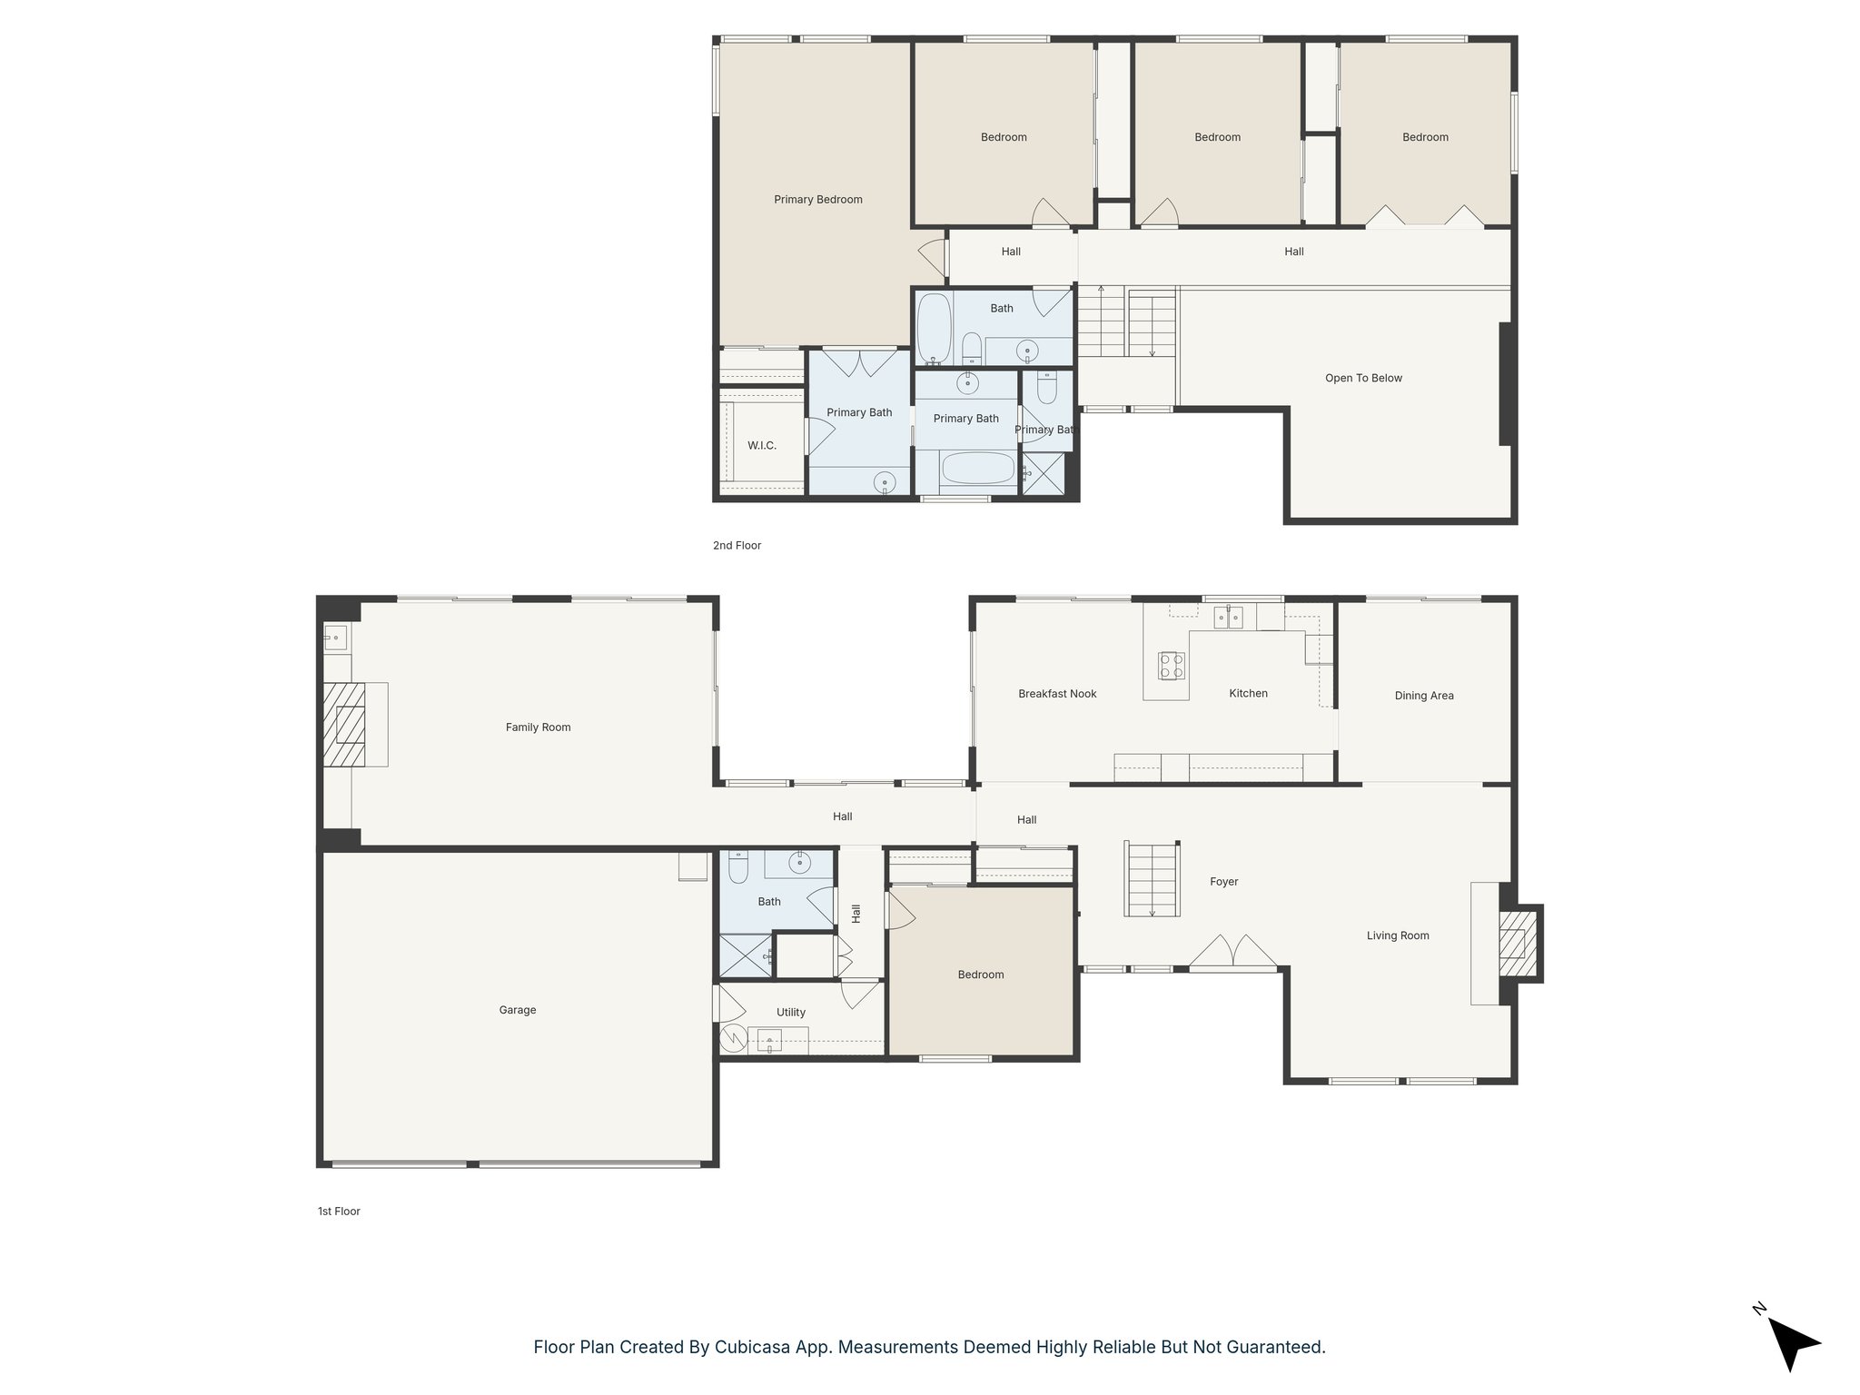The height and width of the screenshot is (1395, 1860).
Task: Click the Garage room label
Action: pos(517,1010)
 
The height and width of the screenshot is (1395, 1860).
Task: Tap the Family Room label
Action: pos(538,727)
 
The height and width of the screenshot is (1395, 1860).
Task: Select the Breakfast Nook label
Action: pos(1057,694)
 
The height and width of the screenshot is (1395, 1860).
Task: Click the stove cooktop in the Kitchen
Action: pos(1172,666)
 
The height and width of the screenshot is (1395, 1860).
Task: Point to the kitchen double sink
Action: pos(1228,618)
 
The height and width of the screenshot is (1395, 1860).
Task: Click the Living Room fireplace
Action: pos(1513,945)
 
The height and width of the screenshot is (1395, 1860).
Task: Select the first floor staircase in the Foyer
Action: pos(1153,879)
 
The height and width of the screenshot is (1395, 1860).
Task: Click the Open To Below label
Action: pos(1362,378)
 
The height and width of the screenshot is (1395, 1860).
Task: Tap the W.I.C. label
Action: pos(761,445)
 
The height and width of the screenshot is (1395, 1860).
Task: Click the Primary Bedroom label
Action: pos(817,200)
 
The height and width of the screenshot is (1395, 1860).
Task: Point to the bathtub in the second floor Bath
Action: pos(933,328)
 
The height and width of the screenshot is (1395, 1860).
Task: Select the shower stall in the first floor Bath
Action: pos(745,956)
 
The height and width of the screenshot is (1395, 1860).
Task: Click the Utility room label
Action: pos(790,1012)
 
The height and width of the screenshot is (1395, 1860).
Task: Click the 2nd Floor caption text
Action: pos(737,545)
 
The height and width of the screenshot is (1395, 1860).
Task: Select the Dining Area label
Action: pos(1423,696)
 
